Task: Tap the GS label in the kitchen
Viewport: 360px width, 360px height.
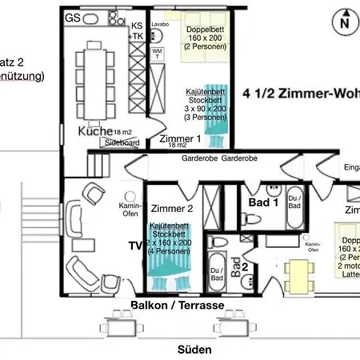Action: point(73,18)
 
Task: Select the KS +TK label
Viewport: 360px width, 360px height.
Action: point(136,31)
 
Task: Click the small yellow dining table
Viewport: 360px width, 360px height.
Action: point(298,275)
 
